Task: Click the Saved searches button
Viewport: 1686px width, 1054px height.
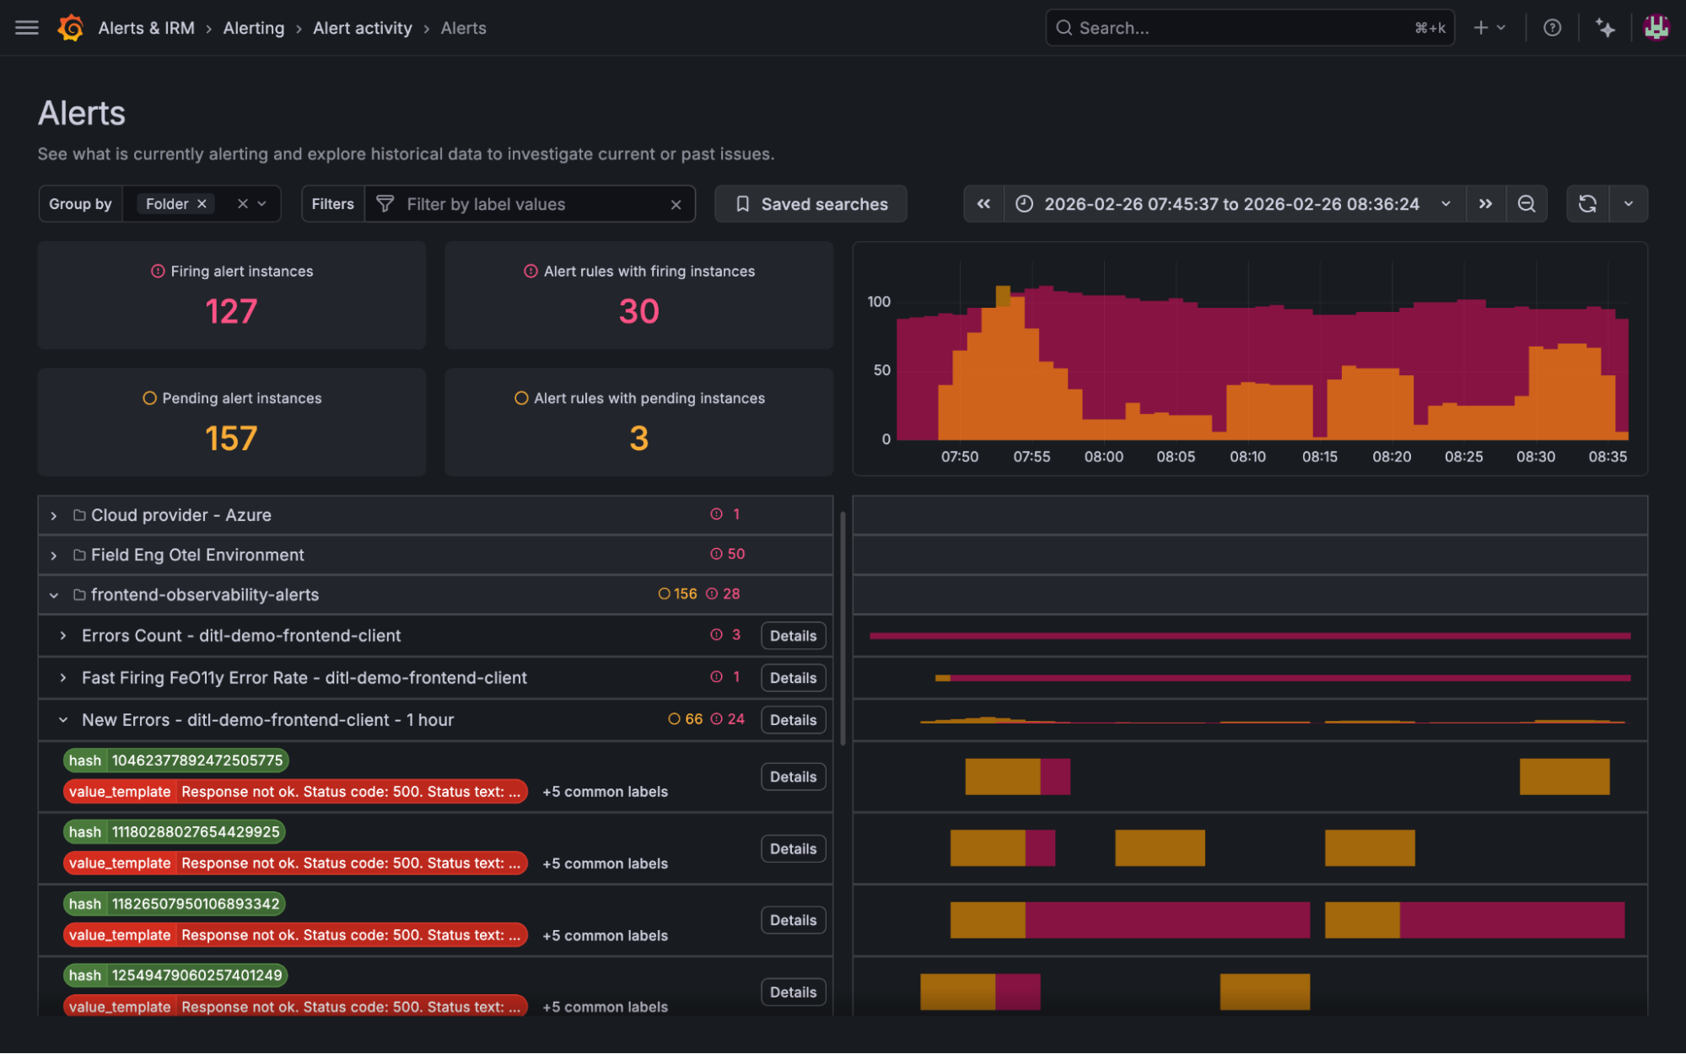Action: [811, 204]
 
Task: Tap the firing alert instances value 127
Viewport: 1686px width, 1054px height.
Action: [231, 311]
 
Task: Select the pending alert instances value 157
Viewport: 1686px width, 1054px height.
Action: [231, 438]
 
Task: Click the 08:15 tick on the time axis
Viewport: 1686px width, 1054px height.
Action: [1319, 456]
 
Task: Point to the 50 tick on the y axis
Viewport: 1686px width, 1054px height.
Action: [881, 370]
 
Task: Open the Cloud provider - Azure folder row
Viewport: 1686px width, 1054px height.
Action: [181, 515]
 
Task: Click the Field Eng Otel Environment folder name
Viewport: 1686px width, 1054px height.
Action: [197, 555]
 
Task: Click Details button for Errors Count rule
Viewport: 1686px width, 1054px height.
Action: [792, 636]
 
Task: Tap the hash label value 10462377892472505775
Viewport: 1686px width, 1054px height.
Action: [197, 761]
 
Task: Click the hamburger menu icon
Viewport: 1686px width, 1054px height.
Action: [27, 28]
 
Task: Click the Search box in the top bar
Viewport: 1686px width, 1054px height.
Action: [1240, 28]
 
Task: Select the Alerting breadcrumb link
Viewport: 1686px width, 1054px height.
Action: [253, 28]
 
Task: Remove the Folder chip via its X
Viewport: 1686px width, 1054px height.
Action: [202, 204]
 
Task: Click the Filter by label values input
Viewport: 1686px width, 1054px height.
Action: [531, 204]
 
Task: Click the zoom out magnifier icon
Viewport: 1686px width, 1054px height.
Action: [1526, 204]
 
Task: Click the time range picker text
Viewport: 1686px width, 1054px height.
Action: [1231, 204]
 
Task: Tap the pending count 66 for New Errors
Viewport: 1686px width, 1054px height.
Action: [692, 719]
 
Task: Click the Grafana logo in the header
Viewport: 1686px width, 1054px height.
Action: [71, 28]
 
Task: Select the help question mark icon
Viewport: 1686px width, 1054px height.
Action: [1552, 28]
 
